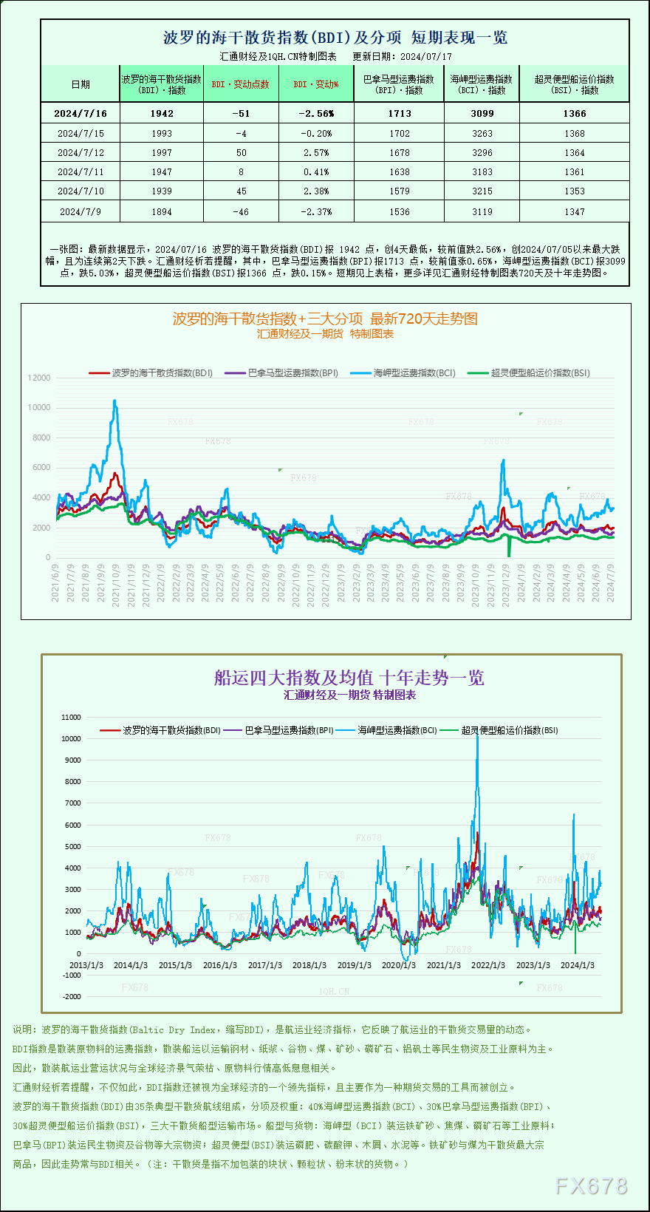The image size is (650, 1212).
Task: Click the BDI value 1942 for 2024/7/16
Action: (162, 113)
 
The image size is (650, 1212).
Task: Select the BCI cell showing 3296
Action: (482, 152)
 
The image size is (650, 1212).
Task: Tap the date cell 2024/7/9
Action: (80, 211)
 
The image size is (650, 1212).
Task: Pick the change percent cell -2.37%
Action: (316, 211)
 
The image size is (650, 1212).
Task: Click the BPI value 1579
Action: (400, 191)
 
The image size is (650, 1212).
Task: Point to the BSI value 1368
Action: (574, 133)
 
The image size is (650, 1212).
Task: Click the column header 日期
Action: (81, 84)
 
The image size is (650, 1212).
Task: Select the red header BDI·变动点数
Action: (240, 84)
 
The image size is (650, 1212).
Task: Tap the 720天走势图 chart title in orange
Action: (325, 319)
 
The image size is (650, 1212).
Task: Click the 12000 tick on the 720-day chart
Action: (39, 378)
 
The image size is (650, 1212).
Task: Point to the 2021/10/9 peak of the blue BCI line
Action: (114, 401)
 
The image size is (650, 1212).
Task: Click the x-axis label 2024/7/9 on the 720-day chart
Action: (611, 584)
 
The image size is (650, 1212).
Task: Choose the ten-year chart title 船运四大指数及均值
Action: (349, 678)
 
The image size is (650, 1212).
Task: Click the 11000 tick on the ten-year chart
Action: (72, 717)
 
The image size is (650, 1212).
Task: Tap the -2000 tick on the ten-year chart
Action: (72, 996)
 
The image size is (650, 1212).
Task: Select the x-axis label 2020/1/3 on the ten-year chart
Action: (398, 965)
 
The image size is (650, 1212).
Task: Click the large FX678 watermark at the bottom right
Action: (591, 1186)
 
